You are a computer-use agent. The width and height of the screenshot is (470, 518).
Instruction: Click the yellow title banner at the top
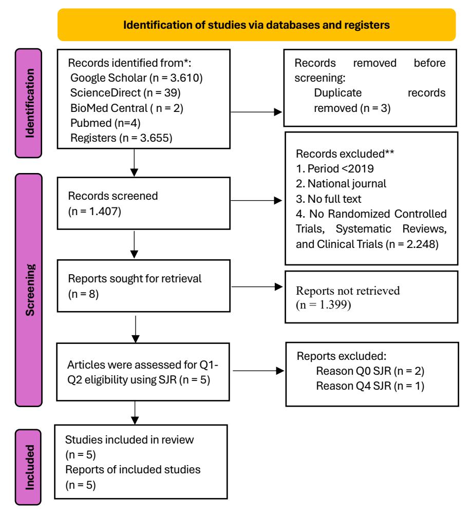pyautogui.click(x=256, y=25)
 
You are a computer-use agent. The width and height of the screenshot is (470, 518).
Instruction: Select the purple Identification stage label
pyautogui.click(x=29, y=103)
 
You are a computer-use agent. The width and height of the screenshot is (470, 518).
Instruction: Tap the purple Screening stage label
pyautogui.click(x=29, y=290)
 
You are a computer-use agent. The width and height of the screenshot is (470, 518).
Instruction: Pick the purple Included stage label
pyautogui.click(x=28, y=467)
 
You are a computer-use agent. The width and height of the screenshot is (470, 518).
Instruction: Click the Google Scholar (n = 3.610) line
pyautogui.click(x=137, y=78)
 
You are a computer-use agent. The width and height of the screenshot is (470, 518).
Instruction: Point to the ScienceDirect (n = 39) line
pyautogui.click(x=125, y=93)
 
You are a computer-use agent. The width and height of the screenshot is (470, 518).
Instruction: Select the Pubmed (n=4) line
pyautogui.click(x=105, y=123)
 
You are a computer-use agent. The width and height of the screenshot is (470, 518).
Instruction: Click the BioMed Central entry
pyautogui.click(x=127, y=108)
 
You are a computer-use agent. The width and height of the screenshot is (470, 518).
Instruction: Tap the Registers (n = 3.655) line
pyautogui.click(x=121, y=138)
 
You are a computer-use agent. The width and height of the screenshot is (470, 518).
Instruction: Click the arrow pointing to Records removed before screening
pyautogui.click(x=256, y=112)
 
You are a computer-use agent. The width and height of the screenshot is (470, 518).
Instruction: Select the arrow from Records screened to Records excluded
pyautogui.click(x=256, y=200)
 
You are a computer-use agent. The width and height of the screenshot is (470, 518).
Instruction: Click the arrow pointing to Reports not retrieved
pyautogui.click(x=257, y=287)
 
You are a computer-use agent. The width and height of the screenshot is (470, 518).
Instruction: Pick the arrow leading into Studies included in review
pyautogui.click(x=135, y=413)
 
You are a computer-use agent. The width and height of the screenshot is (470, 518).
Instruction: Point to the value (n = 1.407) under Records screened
pyautogui.click(x=95, y=212)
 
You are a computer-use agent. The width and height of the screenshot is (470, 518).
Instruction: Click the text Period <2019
pyautogui.click(x=341, y=169)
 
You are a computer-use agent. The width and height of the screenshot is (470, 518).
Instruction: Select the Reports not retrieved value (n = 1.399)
pyautogui.click(x=323, y=304)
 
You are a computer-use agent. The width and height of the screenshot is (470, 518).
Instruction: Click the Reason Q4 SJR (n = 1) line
pyautogui.click(x=370, y=386)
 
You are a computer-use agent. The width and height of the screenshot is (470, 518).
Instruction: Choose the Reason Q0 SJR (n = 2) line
pyautogui.click(x=370, y=371)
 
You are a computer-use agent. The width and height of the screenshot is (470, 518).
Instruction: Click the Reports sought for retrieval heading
pyautogui.click(x=135, y=279)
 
